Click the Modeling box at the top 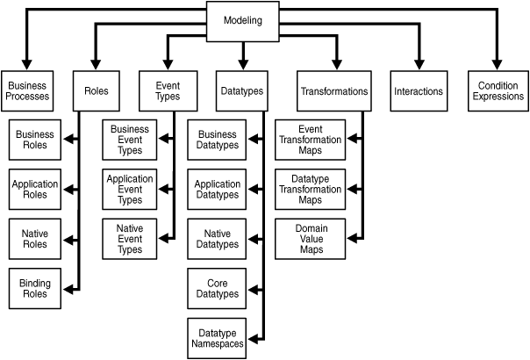point(243,22)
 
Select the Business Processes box point(27,91)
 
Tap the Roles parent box point(97,91)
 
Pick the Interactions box point(419,91)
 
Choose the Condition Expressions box point(498,91)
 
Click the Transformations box point(334,91)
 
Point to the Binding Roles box point(35,289)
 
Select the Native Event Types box point(130,239)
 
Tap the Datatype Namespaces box point(217,338)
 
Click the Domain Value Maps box point(311,239)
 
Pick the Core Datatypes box point(217,289)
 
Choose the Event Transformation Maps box point(311,140)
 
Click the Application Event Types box point(130,190)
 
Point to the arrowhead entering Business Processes point(26,65)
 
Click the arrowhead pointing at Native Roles point(68,241)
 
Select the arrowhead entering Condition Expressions point(497,65)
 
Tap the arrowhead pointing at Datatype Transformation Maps point(352,190)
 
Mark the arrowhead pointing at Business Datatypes point(254,139)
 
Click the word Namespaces point(218,344)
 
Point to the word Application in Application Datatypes point(218,184)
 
